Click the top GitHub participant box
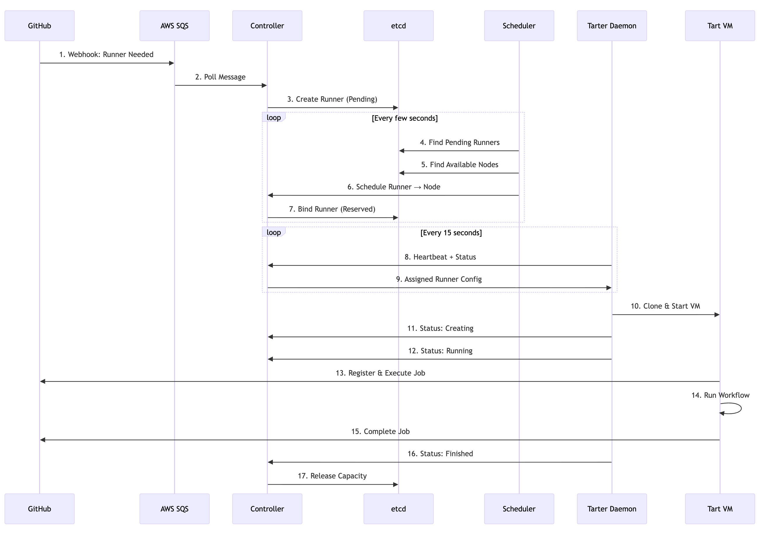click(39, 26)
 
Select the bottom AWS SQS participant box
click(174, 509)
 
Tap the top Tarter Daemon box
click(611, 26)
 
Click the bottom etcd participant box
click(398, 509)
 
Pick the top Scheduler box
click(519, 26)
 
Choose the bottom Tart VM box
click(720, 509)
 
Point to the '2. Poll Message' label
click(220, 77)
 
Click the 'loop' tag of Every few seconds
click(273, 117)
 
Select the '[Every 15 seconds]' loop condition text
click(451, 233)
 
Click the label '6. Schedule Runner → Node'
click(394, 187)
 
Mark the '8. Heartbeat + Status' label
click(440, 257)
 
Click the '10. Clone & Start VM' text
click(665, 306)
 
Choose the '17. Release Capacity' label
click(332, 476)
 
